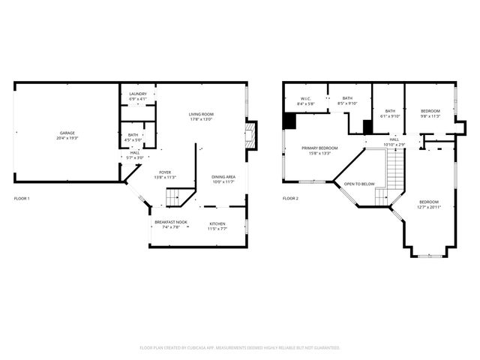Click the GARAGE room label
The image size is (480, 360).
[x=67, y=133]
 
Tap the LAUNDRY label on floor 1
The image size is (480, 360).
[x=137, y=94]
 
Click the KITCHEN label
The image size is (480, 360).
[x=217, y=223]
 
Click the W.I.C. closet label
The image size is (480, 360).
[x=306, y=98]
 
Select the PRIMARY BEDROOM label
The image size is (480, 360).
[x=319, y=148]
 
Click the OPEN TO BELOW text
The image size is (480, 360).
[x=359, y=184]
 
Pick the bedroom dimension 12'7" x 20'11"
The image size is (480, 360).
[x=429, y=207]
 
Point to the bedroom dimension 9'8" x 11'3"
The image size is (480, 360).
[x=430, y=116]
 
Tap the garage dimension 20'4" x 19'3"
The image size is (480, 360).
[x=67, y=138]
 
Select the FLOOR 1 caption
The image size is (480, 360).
[x=22, y=199]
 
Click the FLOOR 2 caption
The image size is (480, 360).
[x=290, y=199]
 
